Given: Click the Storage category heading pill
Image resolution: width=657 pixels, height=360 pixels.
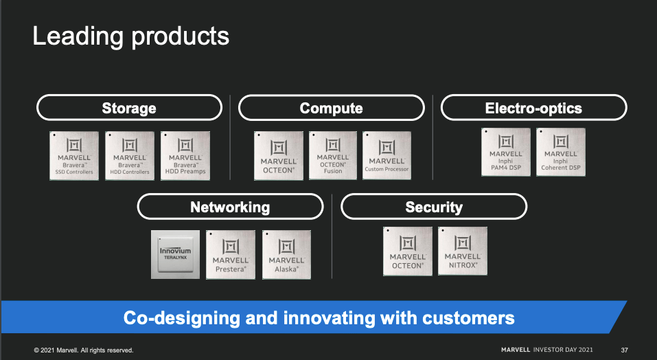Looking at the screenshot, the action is (129, 108).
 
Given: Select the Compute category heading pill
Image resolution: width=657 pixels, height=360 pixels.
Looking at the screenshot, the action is (331, 108).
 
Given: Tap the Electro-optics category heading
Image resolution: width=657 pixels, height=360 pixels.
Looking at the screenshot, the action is (533, 108).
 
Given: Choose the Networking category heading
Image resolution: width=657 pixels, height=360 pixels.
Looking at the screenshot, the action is (230, 207).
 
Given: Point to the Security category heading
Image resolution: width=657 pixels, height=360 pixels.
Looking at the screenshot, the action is (434, 207).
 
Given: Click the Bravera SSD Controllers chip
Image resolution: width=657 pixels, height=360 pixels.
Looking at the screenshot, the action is (74, 155).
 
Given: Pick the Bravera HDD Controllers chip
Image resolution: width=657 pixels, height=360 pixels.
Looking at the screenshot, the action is (130, 155).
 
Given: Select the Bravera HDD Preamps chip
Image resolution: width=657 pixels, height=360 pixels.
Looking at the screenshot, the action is (185, 155).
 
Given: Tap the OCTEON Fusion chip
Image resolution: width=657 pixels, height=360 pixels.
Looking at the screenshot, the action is (333, 155).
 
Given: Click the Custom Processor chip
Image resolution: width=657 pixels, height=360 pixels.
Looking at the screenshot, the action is (387, 155).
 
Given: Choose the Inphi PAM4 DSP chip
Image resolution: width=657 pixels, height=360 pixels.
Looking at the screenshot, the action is (506, 152).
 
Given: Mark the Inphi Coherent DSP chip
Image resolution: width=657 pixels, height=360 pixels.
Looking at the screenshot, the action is (561, 152).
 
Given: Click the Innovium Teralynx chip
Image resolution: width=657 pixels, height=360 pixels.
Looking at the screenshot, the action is (176, 254).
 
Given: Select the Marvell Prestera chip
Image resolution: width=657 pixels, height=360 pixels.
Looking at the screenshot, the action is (231, 254).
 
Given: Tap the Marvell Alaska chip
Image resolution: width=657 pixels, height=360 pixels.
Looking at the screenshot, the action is (286, 254).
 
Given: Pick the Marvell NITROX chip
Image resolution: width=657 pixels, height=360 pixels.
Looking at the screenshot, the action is (463, 251).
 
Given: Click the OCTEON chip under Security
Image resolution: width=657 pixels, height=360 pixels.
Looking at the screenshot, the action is (408, 251).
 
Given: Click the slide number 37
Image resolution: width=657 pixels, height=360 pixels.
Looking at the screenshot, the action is (624, 350).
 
